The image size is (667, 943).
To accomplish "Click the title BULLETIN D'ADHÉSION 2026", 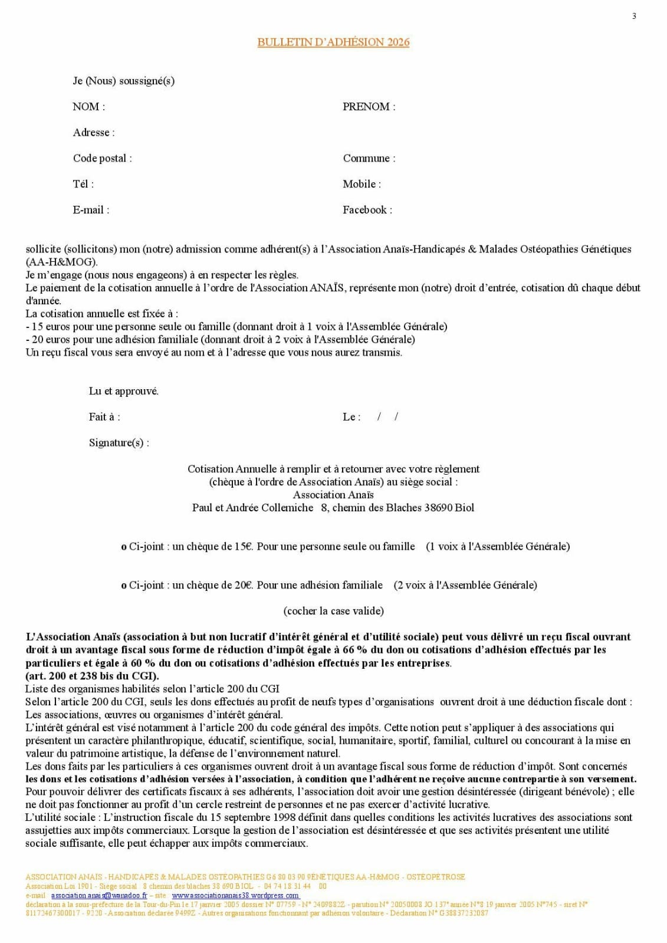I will [x=333, y=42].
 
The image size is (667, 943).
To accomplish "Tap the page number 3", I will [x=634, y=16].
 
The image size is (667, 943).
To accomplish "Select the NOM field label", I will [x=88, y=107].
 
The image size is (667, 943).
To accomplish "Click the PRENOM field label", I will [x=369, y=107].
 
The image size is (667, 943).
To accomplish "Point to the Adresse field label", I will [x=93, y=133].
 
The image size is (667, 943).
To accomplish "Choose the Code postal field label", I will [x=102, y=158].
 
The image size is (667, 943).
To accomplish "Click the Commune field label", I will [x=369, y=158].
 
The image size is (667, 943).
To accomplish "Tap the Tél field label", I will [x=83, y=184].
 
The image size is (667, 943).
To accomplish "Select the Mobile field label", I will [x=362, y=184].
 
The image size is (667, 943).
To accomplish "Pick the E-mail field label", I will [x=91, y=210].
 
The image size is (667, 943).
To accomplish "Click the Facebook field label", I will [x=367, y=210].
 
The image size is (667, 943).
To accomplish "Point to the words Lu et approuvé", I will [x=123, y=391].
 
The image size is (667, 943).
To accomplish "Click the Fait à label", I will [x=104, y=417].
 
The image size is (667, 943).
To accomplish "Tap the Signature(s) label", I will [x=119, y=443].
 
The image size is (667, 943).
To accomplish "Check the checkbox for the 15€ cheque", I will [x=124, y=547].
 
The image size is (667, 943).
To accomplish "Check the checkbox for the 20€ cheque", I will [x=124, y=586].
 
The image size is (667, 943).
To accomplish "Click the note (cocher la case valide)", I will [x=333, y=611].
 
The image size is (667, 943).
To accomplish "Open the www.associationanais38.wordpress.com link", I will [x=235, y=895].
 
